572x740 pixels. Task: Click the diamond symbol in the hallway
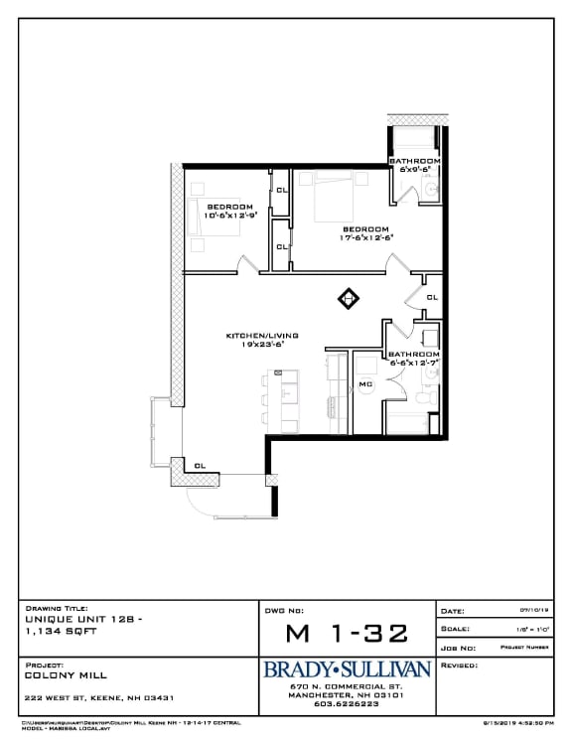point(349,296)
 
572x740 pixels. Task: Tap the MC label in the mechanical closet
point(364,384)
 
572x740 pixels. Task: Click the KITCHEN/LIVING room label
point(262,339)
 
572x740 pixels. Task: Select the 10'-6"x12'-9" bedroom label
point(230,211)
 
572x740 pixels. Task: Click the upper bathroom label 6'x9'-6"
point(414,165)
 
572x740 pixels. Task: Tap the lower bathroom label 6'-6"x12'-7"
point(414,359)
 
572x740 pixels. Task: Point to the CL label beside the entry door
point(200,465)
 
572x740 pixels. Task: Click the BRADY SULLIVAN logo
point(346,669)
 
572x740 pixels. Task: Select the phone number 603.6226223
point(346,704)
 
